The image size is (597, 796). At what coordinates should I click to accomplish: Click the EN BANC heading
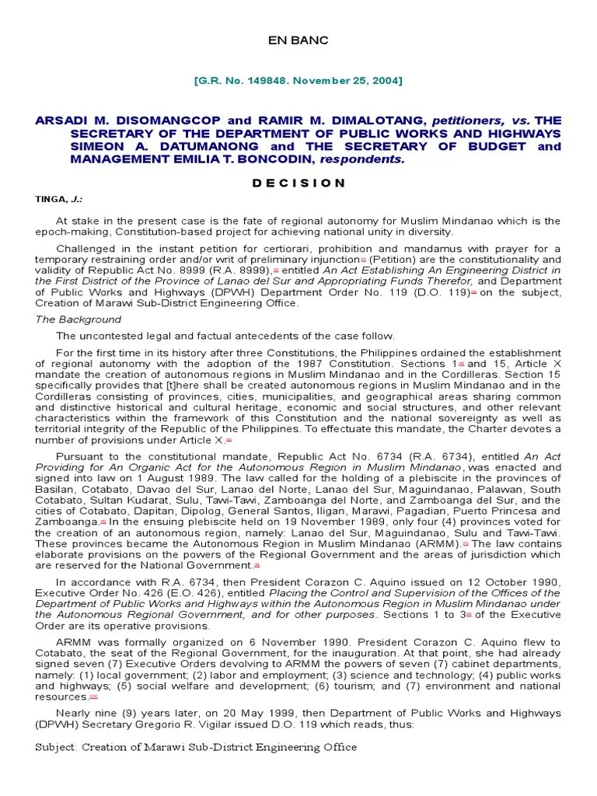(298, 40)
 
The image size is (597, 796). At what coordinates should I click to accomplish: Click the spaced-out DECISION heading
(298, 183)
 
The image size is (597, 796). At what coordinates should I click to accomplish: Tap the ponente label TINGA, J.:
(58, 199)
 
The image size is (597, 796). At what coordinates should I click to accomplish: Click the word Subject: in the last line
(58, 747)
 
